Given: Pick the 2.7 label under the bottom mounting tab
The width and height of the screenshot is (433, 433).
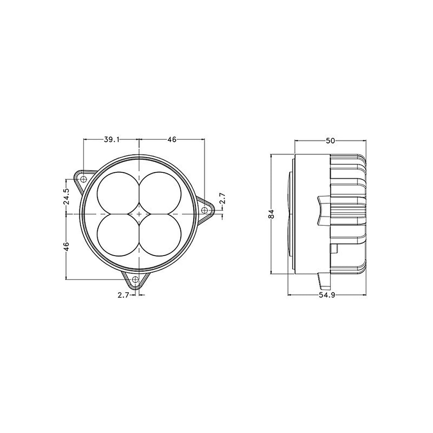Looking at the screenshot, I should tap(123, 295).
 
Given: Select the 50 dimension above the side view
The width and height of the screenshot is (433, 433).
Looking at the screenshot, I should tap(330, 141).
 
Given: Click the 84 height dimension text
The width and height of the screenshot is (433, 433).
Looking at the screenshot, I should tap(271, 214).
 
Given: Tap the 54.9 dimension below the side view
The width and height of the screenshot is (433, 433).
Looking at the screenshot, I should tap(327, 295).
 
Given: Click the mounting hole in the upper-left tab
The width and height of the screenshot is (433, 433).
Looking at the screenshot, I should tap(83, 179).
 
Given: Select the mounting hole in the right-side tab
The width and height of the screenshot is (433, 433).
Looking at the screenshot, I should tap(204, 210).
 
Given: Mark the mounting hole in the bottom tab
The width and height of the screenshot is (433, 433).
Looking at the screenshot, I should tap(135, 279).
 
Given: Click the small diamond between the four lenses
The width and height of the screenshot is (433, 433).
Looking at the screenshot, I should tap(139, 213).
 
